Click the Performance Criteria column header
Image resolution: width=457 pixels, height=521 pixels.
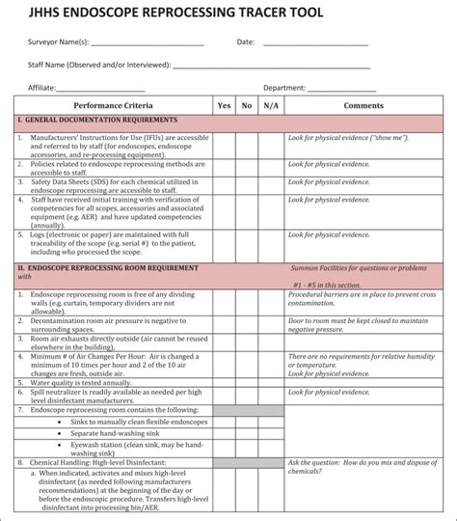pyautogui.click(x=113, y=105)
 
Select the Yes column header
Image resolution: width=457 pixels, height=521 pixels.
pyautogui.click(x=225, y=105)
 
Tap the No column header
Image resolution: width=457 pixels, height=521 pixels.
pyautogui.click(x=247, y=105)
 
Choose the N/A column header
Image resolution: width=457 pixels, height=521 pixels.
pyautogui.click(x=271, y=105)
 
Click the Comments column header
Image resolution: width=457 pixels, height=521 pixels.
pyautogui.click(x=363, y=105)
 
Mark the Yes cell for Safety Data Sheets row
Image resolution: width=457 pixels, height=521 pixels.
pyautogui.click(x=225, y=185)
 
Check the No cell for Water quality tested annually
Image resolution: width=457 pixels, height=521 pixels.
pyautogui.click(x=247, y=382)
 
